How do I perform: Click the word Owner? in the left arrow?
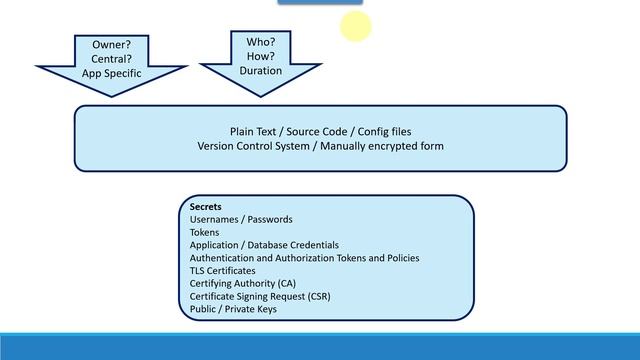pos(111,44)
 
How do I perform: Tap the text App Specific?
pos(111,73)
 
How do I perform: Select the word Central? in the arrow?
pos(111,59)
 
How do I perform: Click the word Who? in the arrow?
pos(261,42)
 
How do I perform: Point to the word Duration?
pos(261,71)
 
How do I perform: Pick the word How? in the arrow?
pos(261,56)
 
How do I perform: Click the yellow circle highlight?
pos(356,26)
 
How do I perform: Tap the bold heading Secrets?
pos(206,207)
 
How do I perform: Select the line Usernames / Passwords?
pos(241,220)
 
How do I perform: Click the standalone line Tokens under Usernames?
pos(204,233)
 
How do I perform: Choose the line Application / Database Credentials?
pos(264,245)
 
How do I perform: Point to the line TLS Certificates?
pos(222,271)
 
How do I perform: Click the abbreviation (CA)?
pos(287,284)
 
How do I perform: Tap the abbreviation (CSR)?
pos(319,296)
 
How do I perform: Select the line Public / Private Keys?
pos(233,309)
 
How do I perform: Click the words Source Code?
pos(317,132)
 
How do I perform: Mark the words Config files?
pos(384,132)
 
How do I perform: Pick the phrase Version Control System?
pos(253,146)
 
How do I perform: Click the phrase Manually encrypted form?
pos(382,146)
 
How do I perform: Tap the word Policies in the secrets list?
pos(403,258)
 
